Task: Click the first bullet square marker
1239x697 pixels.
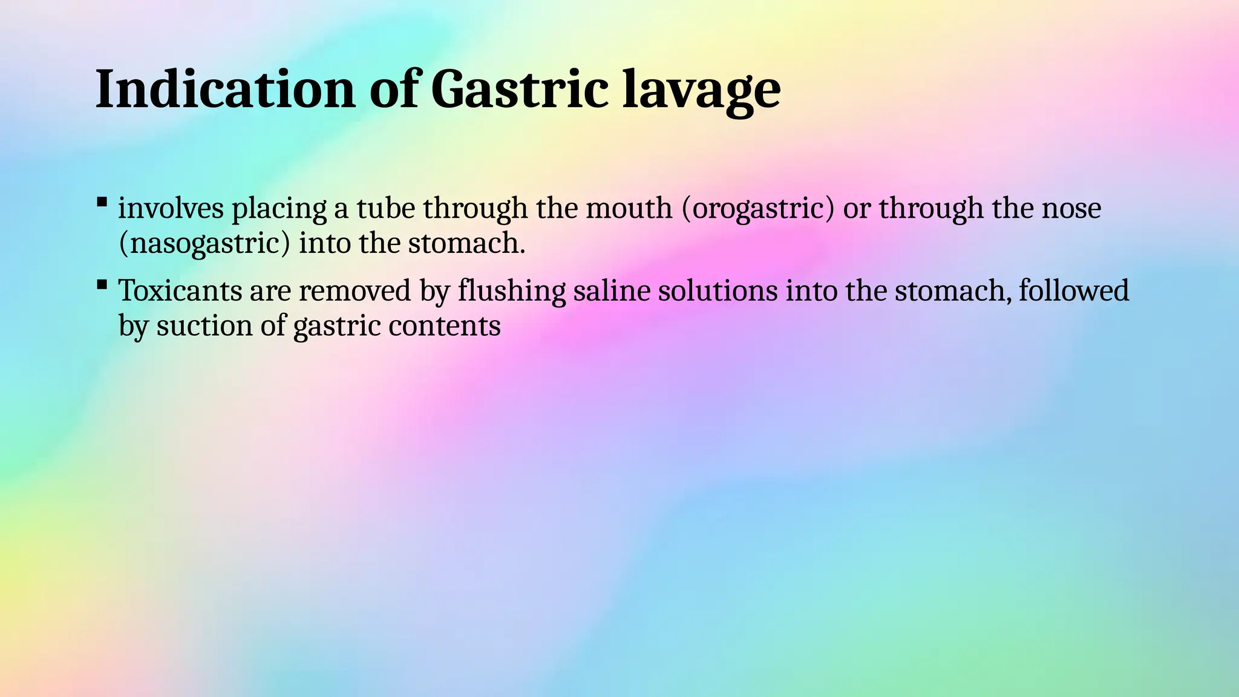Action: tap(102, 201)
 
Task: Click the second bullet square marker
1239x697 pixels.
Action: tap(102, 284)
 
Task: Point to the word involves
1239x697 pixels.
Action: tap(171, 208)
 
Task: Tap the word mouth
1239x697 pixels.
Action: tap(629, 208)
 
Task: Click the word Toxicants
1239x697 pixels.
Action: tap(179, 290)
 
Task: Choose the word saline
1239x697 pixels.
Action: tap(611, 290)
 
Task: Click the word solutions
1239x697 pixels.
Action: tap(718, 290)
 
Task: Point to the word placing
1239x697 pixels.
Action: tap(280, 209)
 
